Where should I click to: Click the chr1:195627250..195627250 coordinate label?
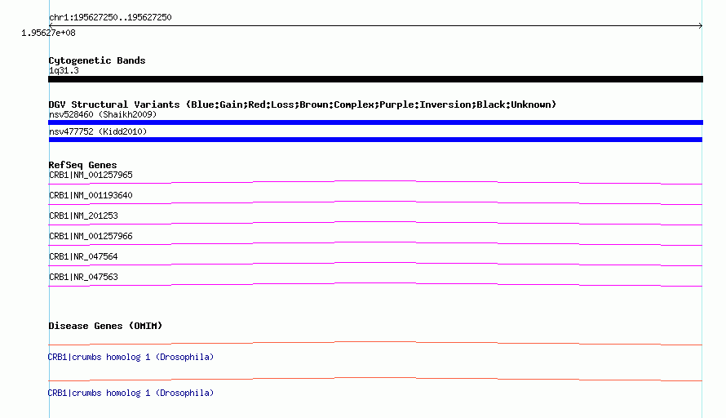pyautogui.click(x=110, y=18)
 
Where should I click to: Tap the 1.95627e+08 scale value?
pyautogui.click(x=48, y=33)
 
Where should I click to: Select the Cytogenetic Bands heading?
pyautogui.click(x=97, y=60)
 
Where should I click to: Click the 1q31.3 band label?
pyautogui.click(x=64, y=71)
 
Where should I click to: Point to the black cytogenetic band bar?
pyautogui.click(x=375, y=79)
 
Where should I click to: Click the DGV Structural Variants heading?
pyautogui.click(x=303, y=104)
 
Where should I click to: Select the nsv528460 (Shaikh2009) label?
pyautogui.click(x=103, y=114)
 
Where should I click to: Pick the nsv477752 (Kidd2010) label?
pyautogui.click(x=98, y=131)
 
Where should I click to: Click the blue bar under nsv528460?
pyautogui.click(x=375, y=122)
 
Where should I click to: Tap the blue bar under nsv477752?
pyautogui.click(x=375, y=140)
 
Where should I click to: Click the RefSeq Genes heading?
pyautogui.click(x=82, y=165)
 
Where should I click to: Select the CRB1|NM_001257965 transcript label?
pyautogui.click(x=91, y=176)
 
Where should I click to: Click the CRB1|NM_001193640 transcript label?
pyautogui.click(x=91, y=196)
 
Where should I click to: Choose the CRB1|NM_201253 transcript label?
pyautogui.click(x=83, y=216)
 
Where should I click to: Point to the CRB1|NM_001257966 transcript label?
pyautogui.click(x=91, y=236)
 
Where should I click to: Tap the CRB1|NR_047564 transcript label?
pyautogui.click(x=83, y=256)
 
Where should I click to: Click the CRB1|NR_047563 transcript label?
pyautogui.click(x=83, y=277)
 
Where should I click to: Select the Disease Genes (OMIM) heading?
pyautogui.click(x=105, y=326)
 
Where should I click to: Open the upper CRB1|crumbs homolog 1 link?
pyautogui.click(x=131, y=358)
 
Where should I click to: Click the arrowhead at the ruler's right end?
pyautogui.click(x=701, y=26)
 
